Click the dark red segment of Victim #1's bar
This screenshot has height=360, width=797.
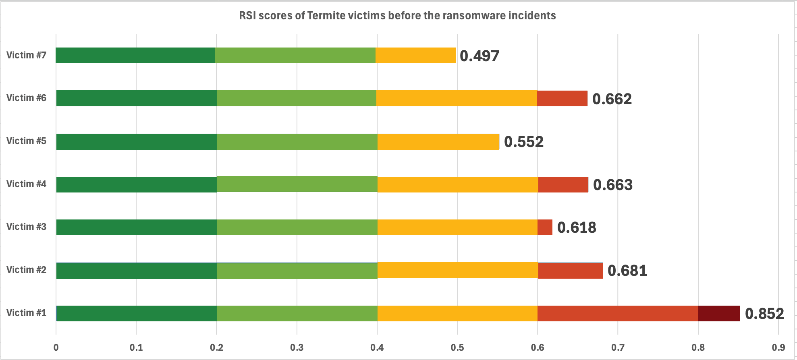tap(719, 313)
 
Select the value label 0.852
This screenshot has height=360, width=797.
tap(764, 314)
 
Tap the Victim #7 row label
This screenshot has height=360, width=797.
tap(26, 55)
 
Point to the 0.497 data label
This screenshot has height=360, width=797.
tap(479, 56)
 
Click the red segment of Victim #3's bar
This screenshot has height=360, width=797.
tap(545, 227)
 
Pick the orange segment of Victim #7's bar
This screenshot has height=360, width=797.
tap(415, 55)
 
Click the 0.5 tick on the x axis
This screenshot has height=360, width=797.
tap(457, 347)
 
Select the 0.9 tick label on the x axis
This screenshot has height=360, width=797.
tap(778, 347)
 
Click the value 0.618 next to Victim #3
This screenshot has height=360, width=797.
tap(577, 228)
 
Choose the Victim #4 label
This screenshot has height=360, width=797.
tap(26, 184)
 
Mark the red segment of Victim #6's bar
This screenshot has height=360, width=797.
tap(562, 98)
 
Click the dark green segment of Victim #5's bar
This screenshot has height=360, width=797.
tap(136, 142)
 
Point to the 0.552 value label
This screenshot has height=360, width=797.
tap(524, 142)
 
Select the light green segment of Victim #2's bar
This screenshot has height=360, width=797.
tap(297, 271)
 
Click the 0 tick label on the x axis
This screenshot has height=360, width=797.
tap(56, 347)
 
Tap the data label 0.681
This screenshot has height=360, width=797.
tap(627, 271)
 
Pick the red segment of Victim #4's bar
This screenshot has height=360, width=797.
tap(563, 184)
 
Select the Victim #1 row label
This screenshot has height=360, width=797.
tap(26, 313)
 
